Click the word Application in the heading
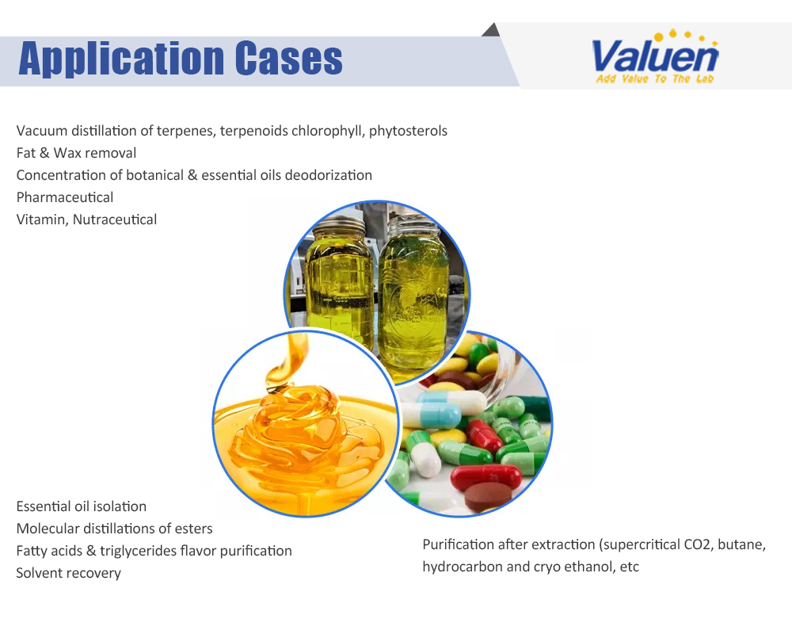click(121, 59)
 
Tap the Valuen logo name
click(655, 55)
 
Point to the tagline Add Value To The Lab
click(655, 79)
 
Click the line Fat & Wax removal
click(76, 153)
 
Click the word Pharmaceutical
click(65, 197)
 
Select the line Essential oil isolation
click(82, 506)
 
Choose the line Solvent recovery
click(69, 573)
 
